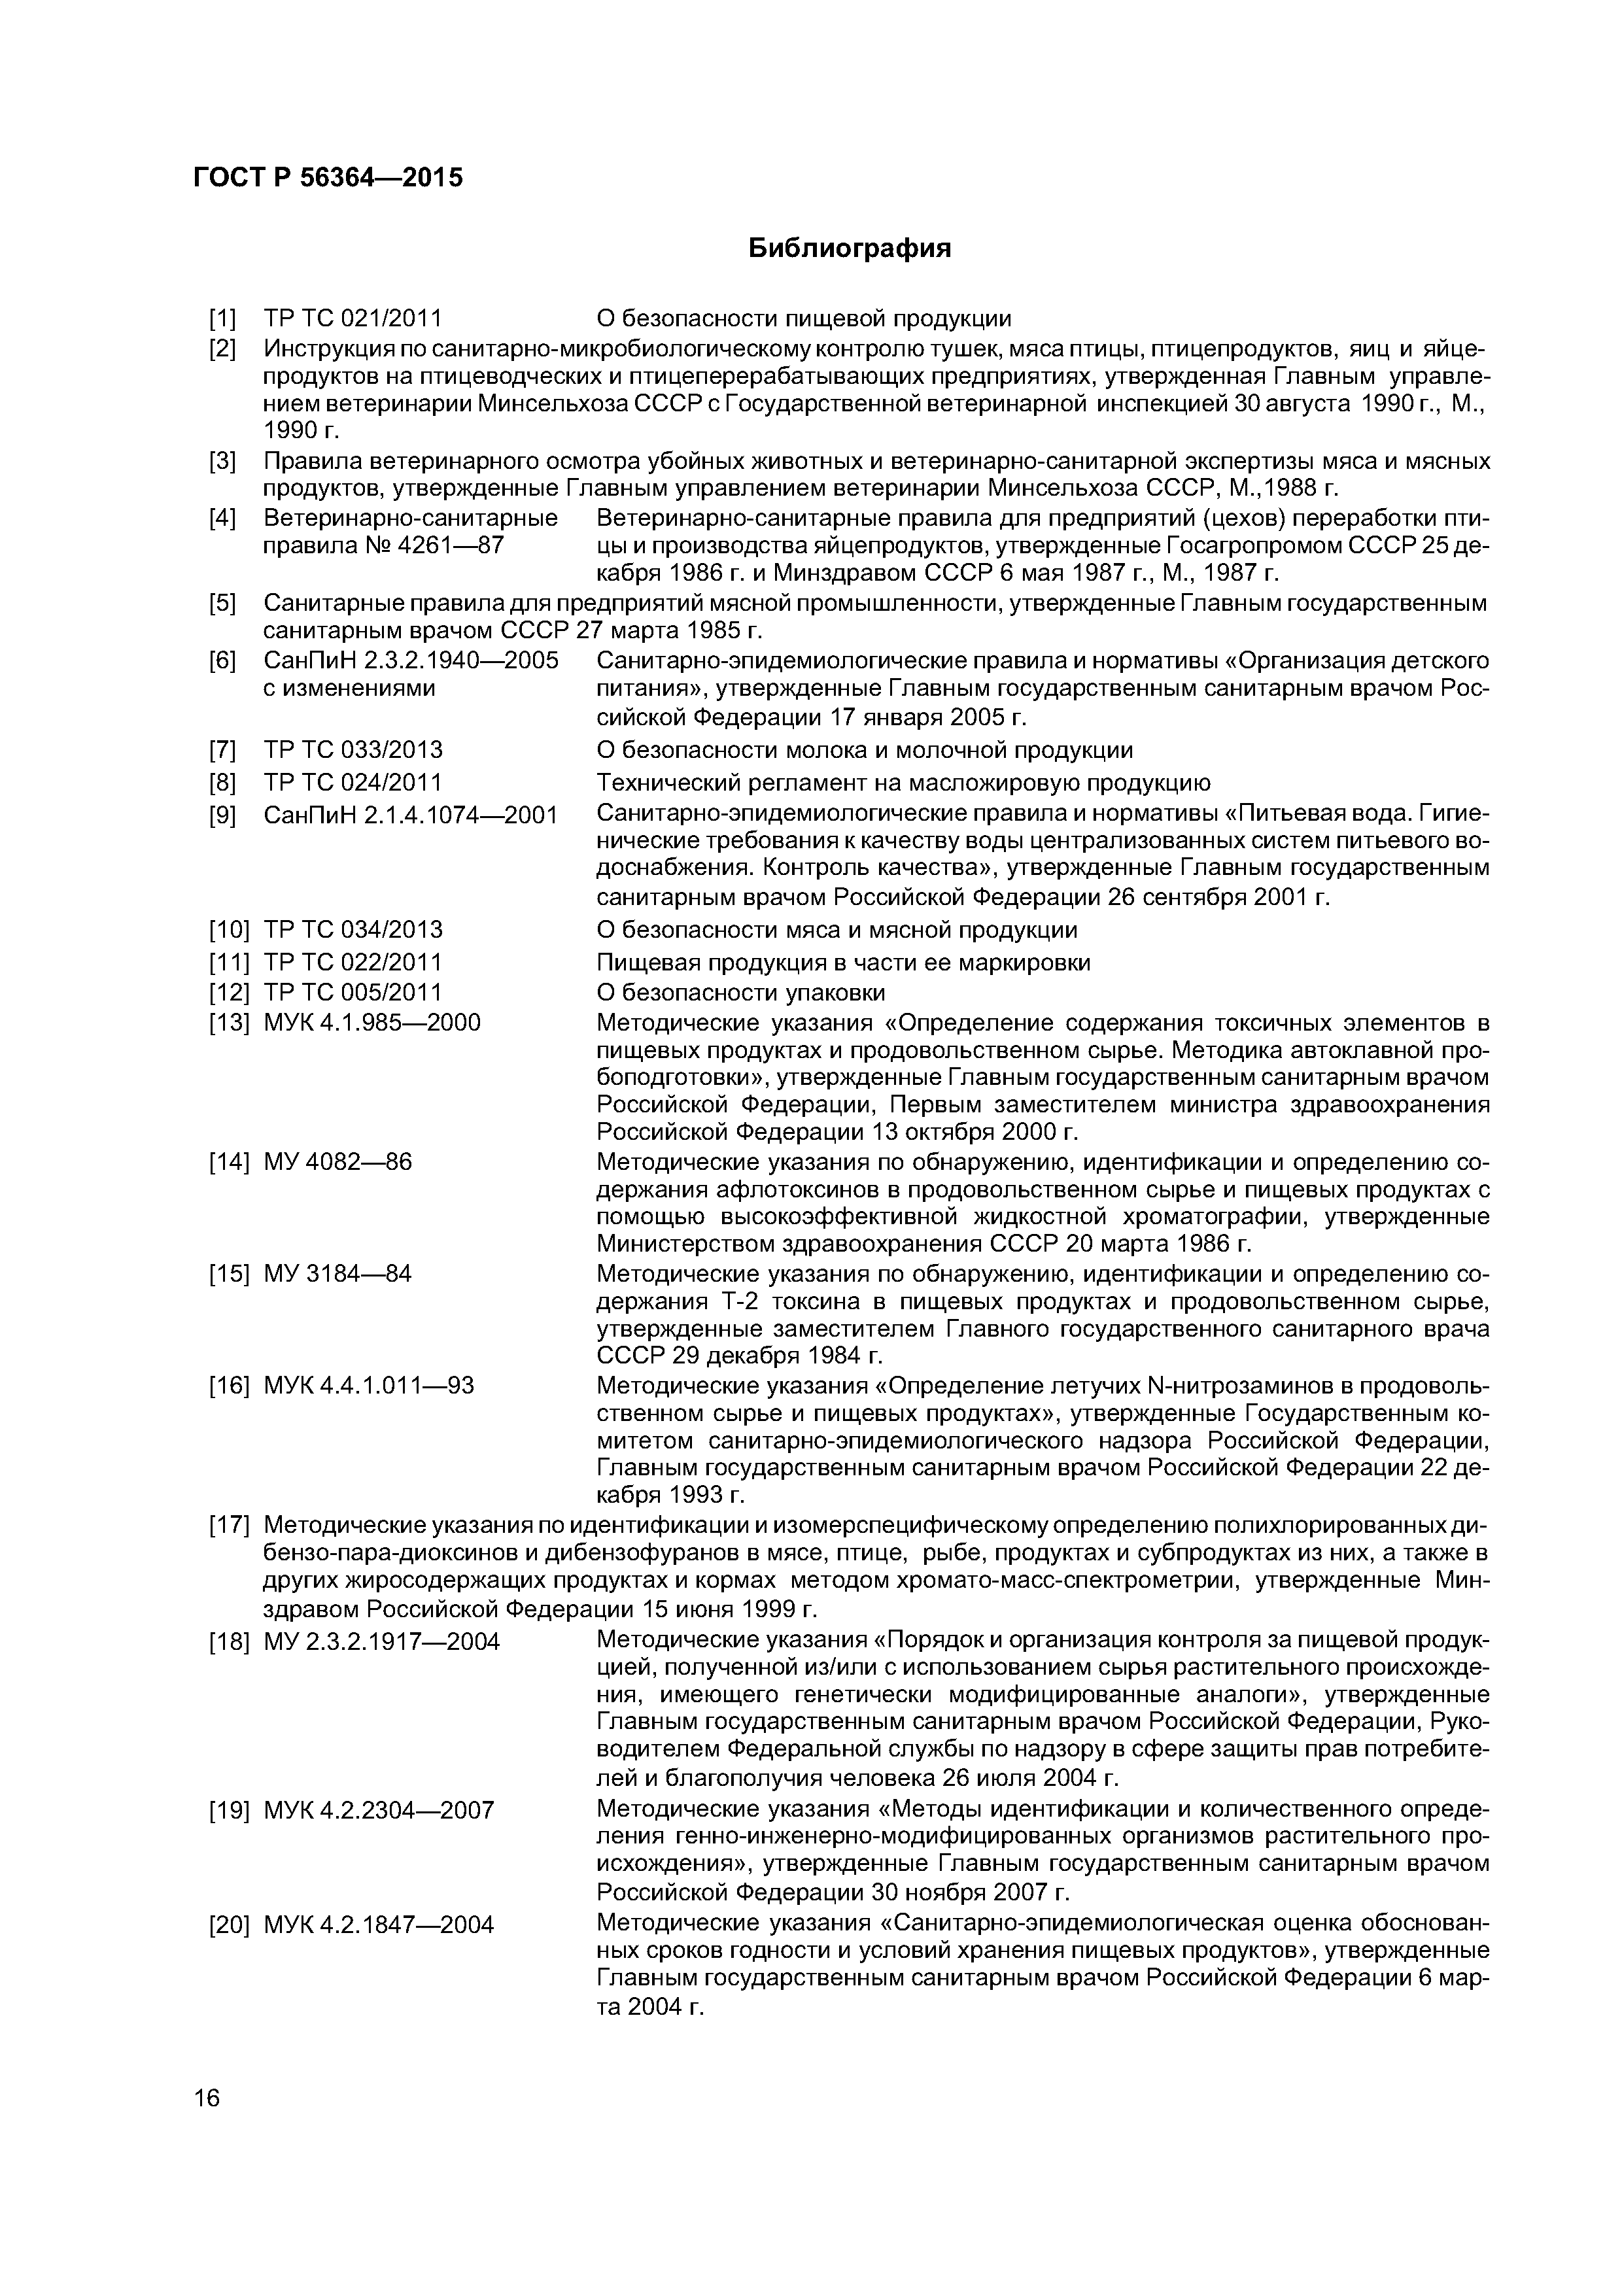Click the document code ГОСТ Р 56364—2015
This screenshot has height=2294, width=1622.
click(328, 178)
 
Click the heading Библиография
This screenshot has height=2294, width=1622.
click(850, 248)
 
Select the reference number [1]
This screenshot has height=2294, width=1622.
click(222, 318)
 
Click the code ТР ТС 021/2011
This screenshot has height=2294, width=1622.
click(353, 318)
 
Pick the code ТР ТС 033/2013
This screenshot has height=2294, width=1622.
click(353, 750)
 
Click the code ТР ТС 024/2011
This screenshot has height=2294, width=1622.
click(353, 782)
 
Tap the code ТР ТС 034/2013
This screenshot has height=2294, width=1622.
click(353, 930)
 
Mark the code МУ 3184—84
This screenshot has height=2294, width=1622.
click(337, 1274)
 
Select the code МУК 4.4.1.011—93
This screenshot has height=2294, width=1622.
click(369, 1386)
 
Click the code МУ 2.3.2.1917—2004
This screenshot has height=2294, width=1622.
click(382, 1641)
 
